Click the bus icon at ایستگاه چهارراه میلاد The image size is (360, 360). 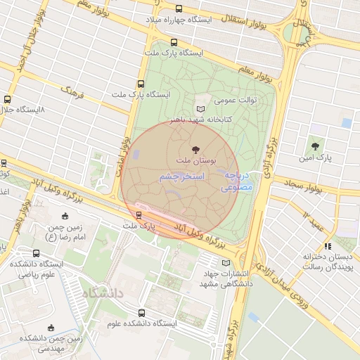tap(178, 9)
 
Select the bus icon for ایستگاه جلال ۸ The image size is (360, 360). tap(8, 100)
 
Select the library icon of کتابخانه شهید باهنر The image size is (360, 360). tap(200, 109)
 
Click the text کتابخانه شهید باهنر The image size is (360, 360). tap(212, 120)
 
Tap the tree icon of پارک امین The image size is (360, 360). tap(315, 146)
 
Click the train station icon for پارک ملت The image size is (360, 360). tap(139, 215)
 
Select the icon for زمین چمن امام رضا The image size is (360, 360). tap(65, 217)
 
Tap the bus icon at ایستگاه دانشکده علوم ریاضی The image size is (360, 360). tap(37, 253)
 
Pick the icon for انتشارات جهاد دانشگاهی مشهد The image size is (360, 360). tap(226, 263)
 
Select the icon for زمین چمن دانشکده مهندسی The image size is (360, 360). tap(50, 327)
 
